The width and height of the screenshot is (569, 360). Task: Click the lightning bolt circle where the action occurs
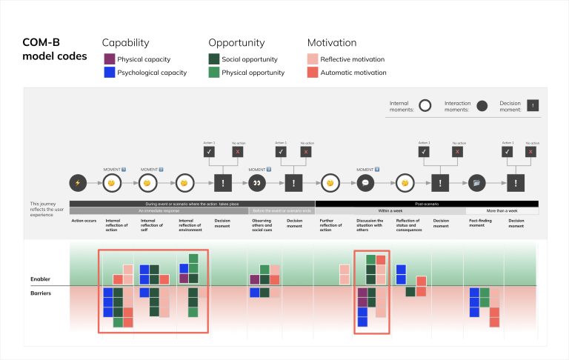point(77,182)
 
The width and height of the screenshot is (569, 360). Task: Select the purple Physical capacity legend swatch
point(108,59)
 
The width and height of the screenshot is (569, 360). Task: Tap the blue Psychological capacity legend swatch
point(108,73)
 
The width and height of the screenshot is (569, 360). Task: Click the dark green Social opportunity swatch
point(214,59)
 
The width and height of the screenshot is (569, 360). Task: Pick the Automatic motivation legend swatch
point(313,73)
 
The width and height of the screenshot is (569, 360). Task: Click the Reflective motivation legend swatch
point(313,59)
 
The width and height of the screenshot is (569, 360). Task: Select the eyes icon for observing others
point(258,182)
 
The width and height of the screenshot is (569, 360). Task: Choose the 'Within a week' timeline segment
point(390,211)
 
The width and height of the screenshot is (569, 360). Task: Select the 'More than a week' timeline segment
point(506,211)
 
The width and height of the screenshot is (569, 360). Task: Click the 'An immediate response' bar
point(159,211)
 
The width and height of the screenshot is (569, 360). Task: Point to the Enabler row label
point(40,279)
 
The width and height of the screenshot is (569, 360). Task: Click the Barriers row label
point(40,293)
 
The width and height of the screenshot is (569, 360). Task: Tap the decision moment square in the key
point(532,106)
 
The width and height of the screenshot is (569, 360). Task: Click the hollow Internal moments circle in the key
point(425,106)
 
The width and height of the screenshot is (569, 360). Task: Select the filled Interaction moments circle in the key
point(482,106)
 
